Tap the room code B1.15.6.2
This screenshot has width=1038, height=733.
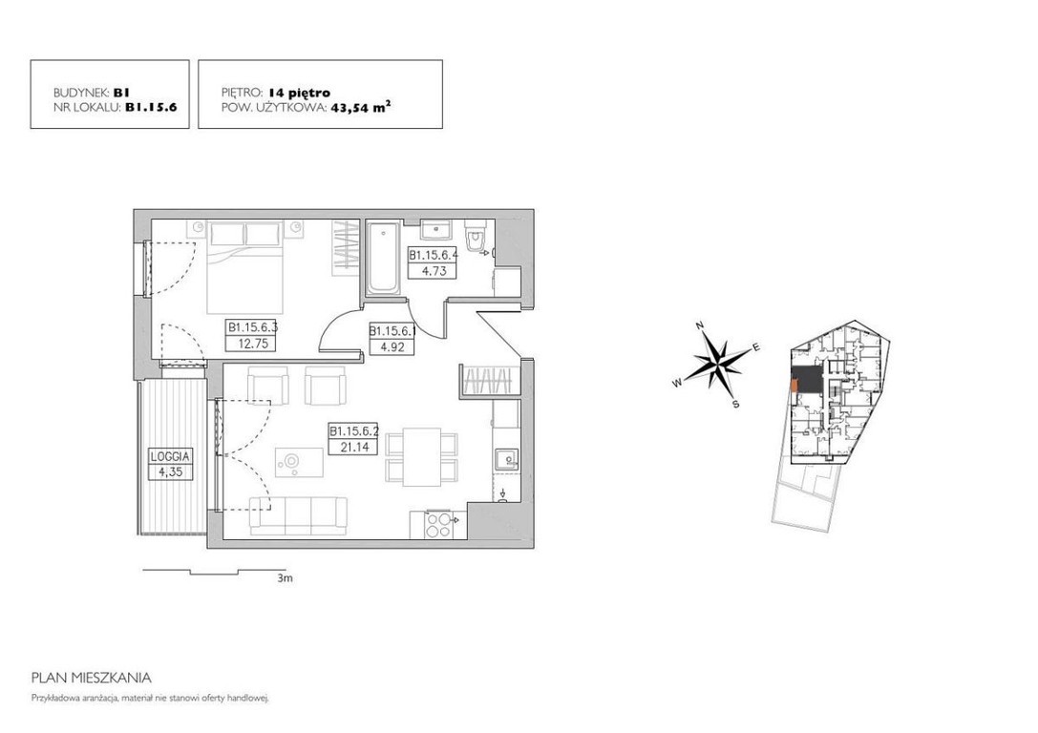click(354, 431)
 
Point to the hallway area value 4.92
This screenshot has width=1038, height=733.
click(392, 346)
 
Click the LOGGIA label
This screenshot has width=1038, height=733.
click(170, 456)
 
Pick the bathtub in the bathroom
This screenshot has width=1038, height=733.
click(383, 259)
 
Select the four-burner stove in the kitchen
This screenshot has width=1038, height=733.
click(437, 525)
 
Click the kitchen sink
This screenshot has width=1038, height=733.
click(506, 458)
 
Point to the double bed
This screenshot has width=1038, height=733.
click(244, 267)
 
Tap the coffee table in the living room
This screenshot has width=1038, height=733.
click(299, 463)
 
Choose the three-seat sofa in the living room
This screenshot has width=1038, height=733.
click(298, 515)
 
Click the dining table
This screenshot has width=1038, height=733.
click(422, 457)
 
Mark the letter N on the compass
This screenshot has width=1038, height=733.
click(699, 325)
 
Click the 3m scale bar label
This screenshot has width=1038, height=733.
click(286, 578)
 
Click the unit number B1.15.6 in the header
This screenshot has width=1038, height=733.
click(151, 107)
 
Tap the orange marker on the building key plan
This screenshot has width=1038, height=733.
click(794, 385)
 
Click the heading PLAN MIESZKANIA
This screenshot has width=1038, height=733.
click(92, 678)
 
